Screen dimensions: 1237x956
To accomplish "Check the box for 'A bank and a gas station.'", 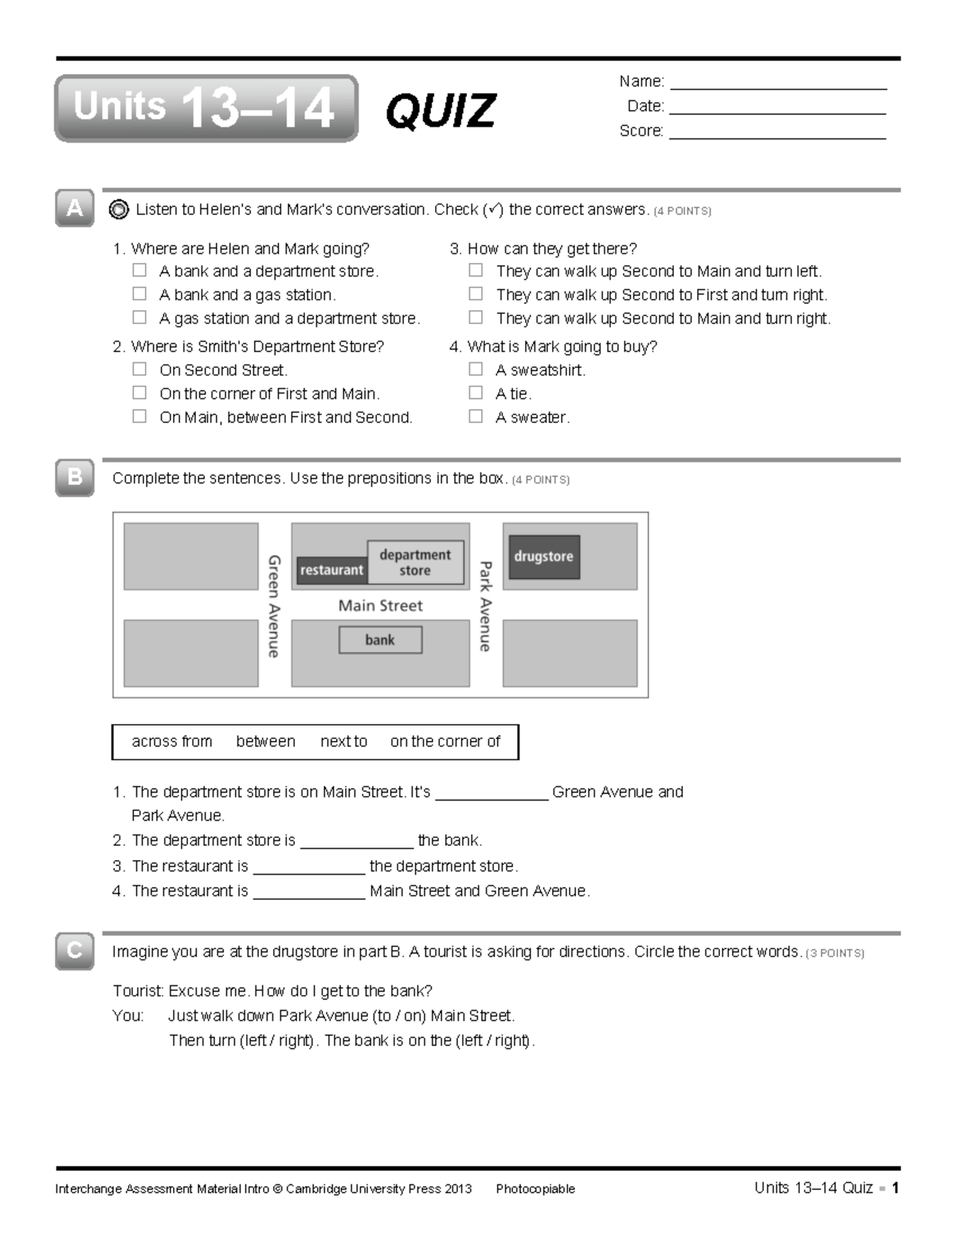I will (139, 294).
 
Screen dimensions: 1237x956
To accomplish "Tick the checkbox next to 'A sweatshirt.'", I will (476, 369).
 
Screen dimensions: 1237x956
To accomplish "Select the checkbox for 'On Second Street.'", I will (139, 369).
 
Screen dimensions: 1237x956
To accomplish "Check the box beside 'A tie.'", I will (476, 393).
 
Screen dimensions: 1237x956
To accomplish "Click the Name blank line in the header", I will (778, 83).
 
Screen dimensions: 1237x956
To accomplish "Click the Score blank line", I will (778, 132).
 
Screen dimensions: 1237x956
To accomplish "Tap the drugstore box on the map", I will (544, 557).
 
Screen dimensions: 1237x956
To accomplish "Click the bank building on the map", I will (380, 640).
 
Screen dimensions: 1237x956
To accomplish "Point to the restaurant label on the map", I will (331, 570).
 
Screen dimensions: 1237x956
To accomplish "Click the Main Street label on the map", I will (380, 605).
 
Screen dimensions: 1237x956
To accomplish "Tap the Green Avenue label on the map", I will (273, 606).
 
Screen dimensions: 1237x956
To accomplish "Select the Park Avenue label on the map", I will (484, 606).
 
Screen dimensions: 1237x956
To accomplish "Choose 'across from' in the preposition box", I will (172, 742).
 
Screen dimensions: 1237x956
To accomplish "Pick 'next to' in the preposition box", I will (343, 742).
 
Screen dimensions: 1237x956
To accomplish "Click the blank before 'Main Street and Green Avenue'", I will (309, 893).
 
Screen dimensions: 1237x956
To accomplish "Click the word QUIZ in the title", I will (441, 110).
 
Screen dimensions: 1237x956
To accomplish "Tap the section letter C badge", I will (75, 950).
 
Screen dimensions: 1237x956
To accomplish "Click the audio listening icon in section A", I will (119, 209).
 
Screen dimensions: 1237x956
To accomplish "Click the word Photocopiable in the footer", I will (535, 1189).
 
